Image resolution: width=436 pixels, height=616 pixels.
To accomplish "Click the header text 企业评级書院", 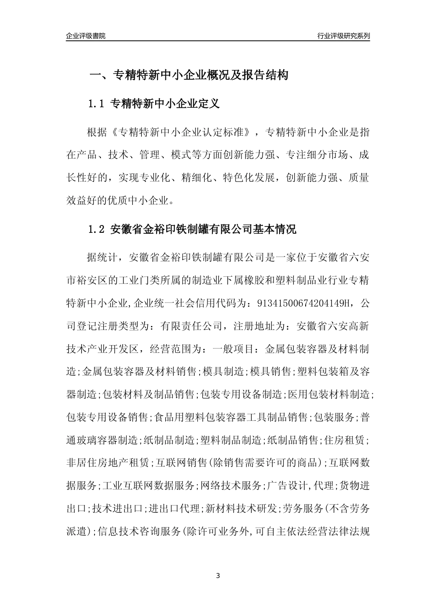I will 86,36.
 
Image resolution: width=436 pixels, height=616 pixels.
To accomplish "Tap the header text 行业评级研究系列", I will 343,36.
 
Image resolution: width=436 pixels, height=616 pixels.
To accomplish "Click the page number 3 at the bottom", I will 218,576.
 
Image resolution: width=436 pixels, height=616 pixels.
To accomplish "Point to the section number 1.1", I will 96,104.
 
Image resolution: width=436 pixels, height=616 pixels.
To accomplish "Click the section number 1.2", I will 96,230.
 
